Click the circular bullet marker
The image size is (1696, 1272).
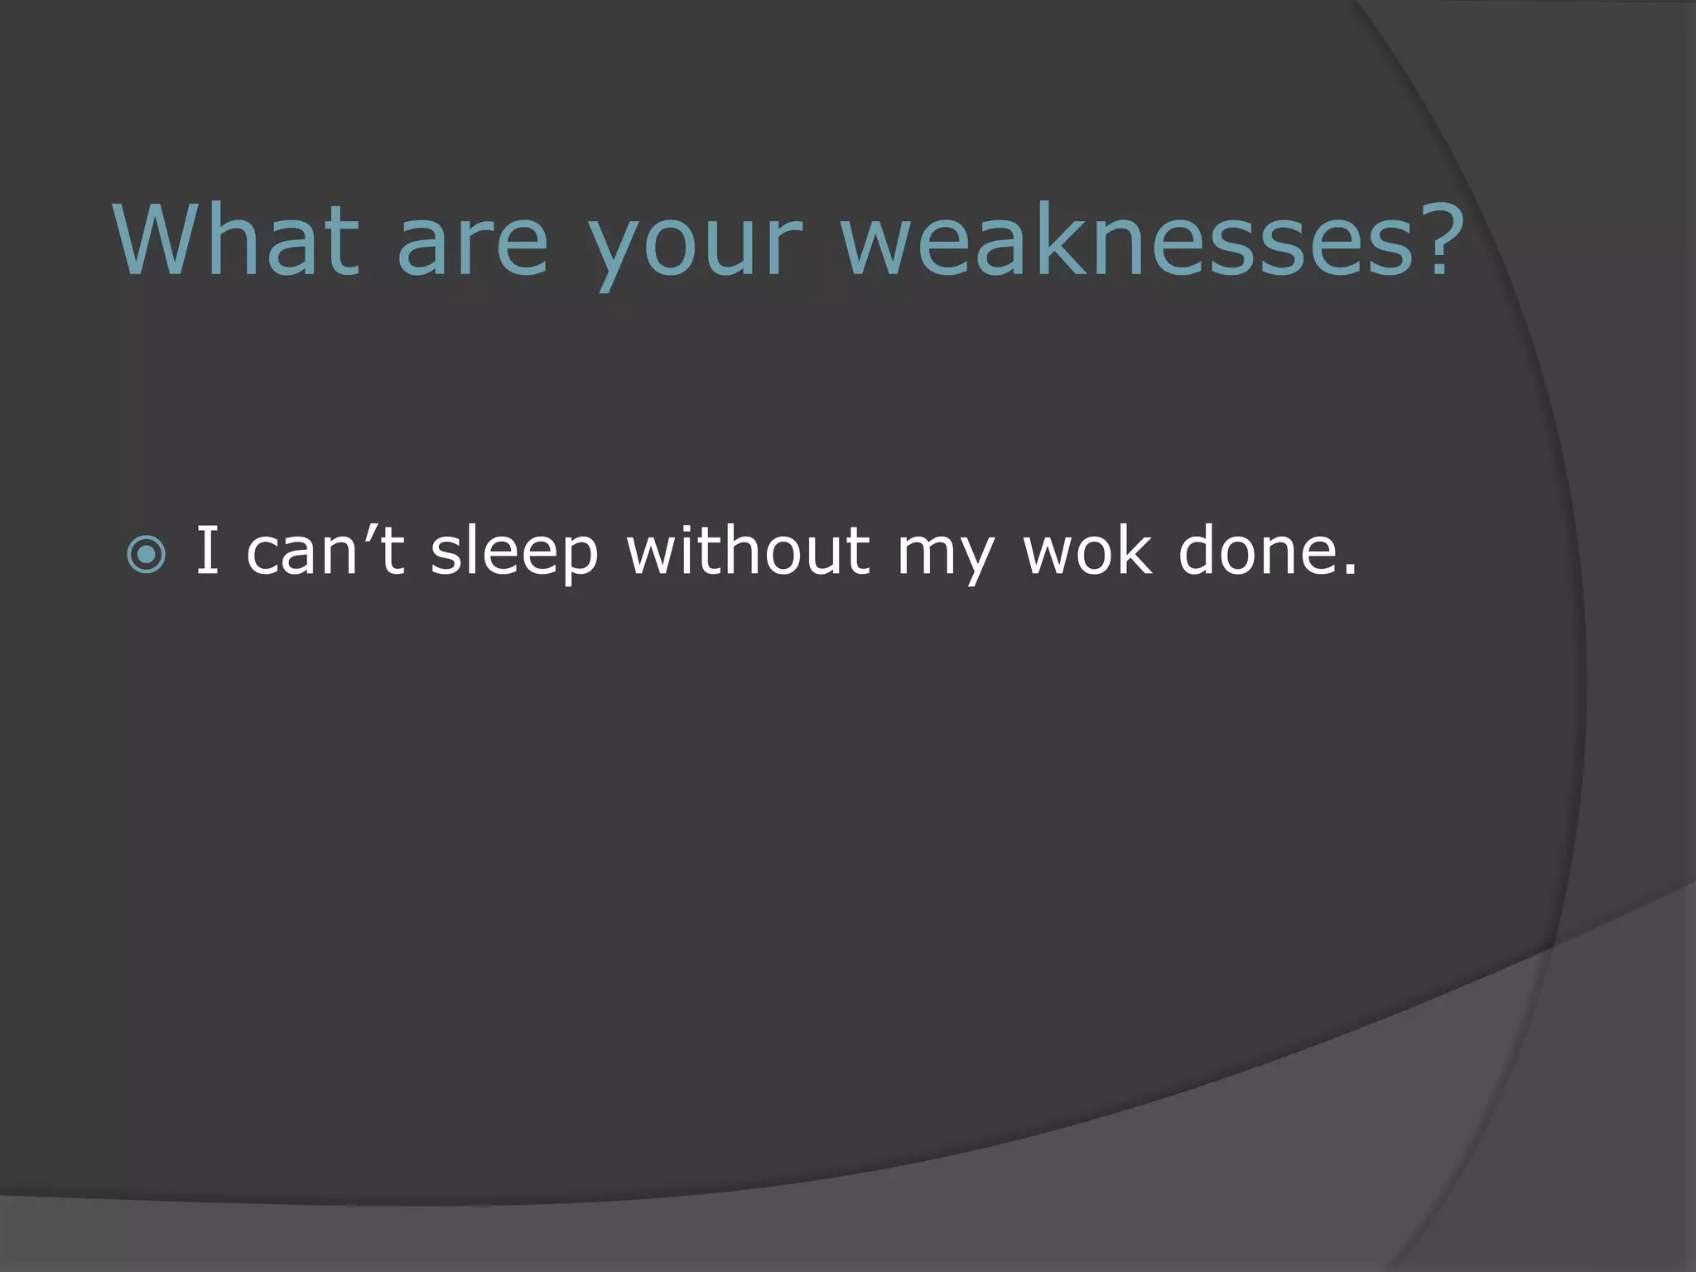tap(147, 555)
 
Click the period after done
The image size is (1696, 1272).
tap(1351, 570)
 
